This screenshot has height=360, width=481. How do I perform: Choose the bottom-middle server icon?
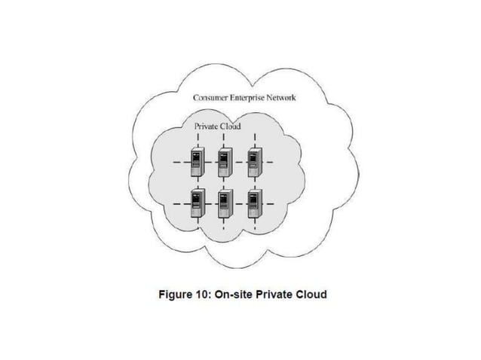(x=225, y=203)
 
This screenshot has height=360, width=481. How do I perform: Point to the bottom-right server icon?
(x=254, y=203)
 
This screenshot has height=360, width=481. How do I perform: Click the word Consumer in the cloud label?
(x=213, y=98)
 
